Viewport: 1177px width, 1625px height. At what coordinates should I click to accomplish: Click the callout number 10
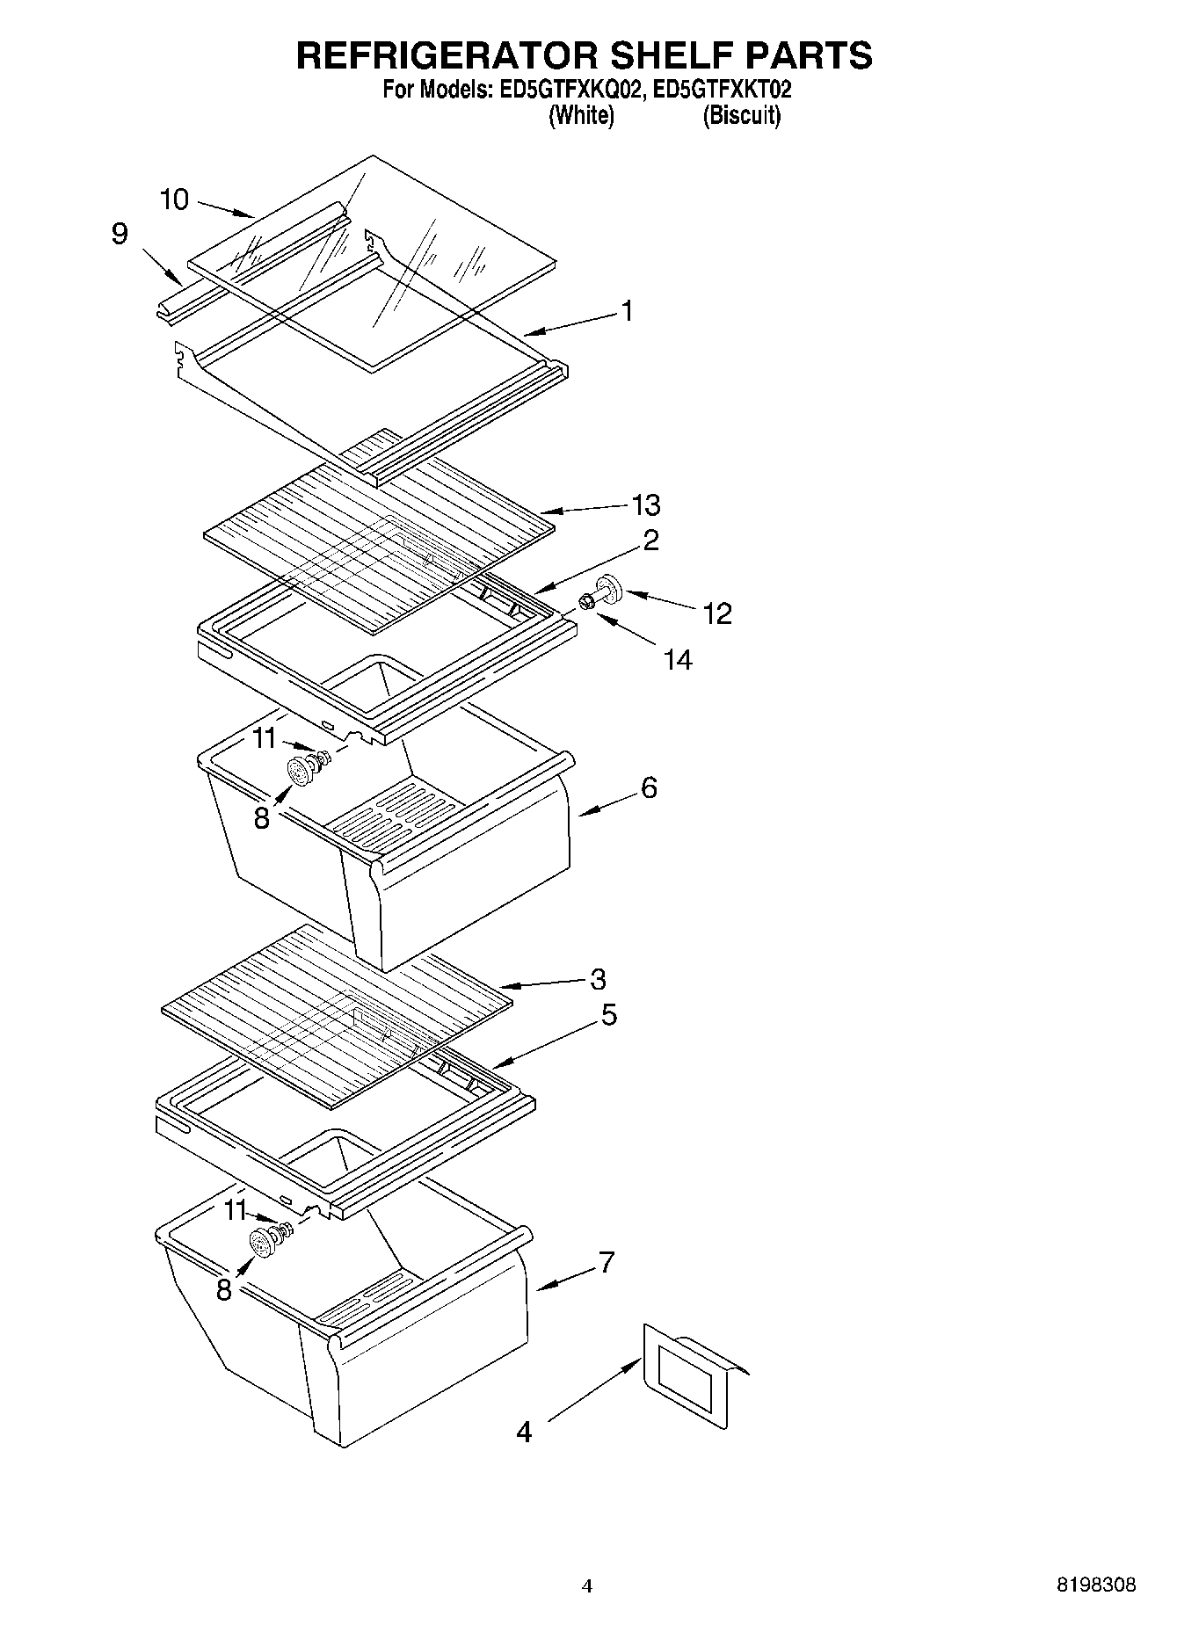click(x=174, y=200)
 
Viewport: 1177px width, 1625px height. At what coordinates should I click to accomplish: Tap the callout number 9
click(x=120, y=234)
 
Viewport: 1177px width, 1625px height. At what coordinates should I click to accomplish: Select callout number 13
click(x=646, y=505)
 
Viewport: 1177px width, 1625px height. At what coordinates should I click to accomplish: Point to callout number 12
click(x=717, y=613)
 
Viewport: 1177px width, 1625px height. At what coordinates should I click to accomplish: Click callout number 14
click(x=678, y=659)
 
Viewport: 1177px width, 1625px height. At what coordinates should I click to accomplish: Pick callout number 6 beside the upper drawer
click(x=649, y=787)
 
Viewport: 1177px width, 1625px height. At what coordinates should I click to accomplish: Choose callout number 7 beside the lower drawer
click(x=606, y=1262)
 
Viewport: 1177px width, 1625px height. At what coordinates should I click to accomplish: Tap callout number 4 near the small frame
click(x=524, y=1432)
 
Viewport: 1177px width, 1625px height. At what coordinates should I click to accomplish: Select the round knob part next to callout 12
click(x=607, y=588)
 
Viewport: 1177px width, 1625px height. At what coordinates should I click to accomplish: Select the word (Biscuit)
click(x=741, y=115)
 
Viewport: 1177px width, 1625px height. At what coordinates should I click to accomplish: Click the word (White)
click(x=581, y=115)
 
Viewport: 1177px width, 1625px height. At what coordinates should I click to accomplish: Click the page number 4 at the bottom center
click(x=587, y=1586)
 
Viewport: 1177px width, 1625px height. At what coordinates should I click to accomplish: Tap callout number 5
click(x=608, y=1015)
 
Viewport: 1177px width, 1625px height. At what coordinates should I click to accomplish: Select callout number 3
click(x=598, y=979)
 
